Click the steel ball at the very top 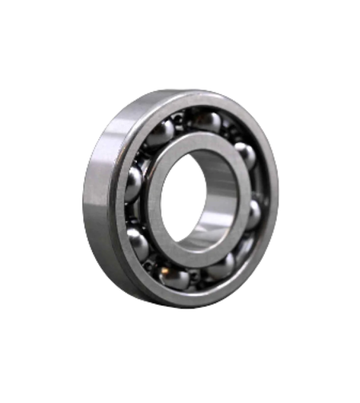(x=206, y=122)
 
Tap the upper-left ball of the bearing (x=160, y=133)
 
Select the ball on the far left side (x=133, y=183)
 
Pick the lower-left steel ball (x=138, y=241)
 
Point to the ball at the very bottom (x=175, y=277)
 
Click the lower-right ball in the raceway (x=222, y=265)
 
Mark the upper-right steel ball (x=245, y=154)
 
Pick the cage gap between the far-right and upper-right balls (x=254, y=184)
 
